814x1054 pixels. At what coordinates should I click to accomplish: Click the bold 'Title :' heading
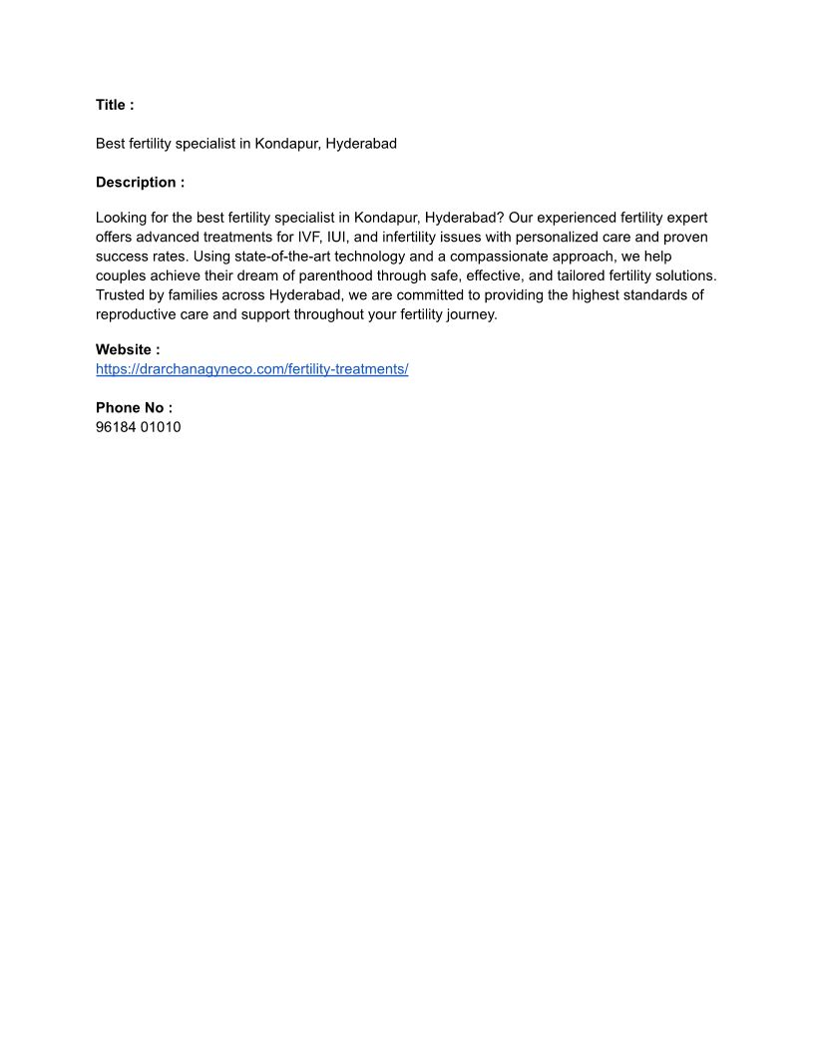click(115, 105)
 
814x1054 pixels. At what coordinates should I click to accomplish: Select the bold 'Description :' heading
click(140, 183)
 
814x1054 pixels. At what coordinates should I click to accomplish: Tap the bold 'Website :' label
click(128, 349)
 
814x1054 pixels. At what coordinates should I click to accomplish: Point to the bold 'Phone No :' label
click(134, 408)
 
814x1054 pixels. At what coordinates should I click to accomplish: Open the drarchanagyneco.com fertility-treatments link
click(252, 369)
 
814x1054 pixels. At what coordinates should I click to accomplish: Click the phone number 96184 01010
click(139, 427)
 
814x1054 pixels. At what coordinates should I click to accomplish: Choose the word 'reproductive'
click(136, 314)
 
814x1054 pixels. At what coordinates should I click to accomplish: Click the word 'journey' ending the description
click(473, 314)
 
